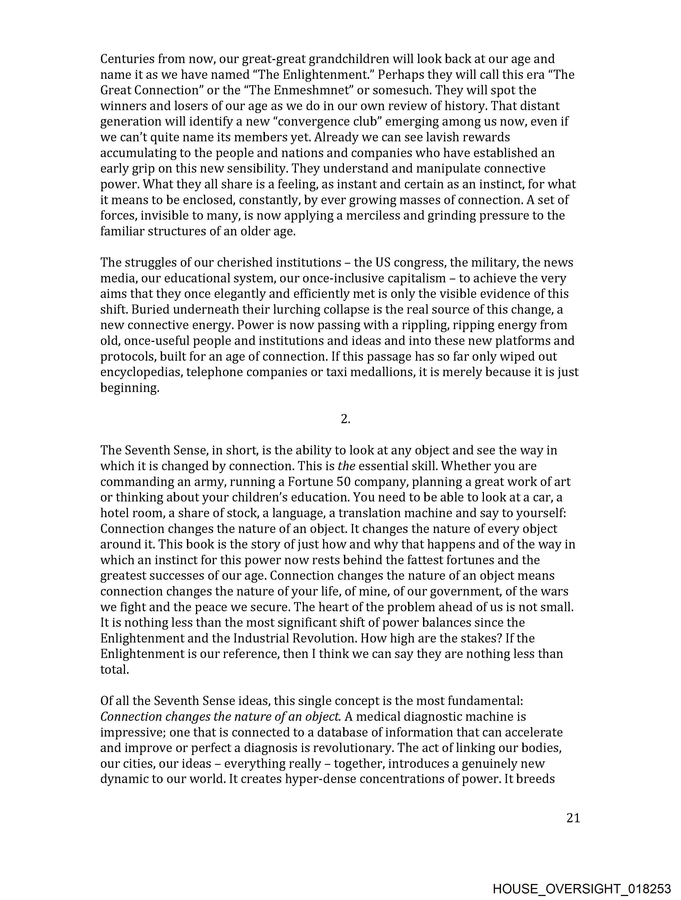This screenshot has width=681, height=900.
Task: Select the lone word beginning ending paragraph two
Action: (129, 388)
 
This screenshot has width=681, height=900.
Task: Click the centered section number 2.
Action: (345, 419)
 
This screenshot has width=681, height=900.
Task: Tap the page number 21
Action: (573, 818)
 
